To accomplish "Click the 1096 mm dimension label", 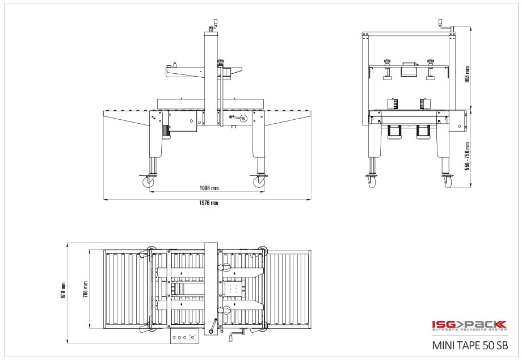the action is click(x=209, y=188).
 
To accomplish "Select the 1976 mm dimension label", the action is click(x=209, y=203).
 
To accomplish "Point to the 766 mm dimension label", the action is click(x=86, y=290).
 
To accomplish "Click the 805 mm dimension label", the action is click(x=467, y=74).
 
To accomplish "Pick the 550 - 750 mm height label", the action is click(x=468, y=156).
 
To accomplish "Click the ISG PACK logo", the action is click(x=469, y=325).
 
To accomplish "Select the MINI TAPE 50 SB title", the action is click(x=470, y=345).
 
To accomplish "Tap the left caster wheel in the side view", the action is click(x=148, y=182).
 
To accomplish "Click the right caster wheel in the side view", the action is click(x=258, y=182).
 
